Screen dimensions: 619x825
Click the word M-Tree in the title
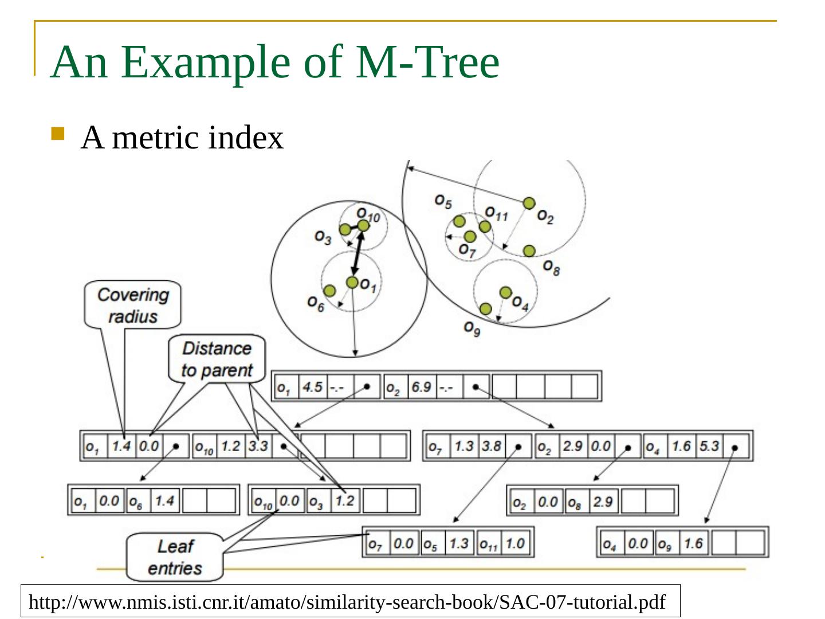tap(427, 61)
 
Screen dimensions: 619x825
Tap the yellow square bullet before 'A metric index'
tap(58, 134)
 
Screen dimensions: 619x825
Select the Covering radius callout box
tap(133, 305)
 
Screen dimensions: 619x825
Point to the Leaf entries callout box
tap(175, 557)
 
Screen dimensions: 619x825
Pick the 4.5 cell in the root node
tap(312, 387)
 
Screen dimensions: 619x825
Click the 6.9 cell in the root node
tap(421, 387)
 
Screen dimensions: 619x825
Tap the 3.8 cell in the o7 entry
tap(491, 446)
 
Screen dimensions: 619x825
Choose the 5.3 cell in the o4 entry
tap(709, 446)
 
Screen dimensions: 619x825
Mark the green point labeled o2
tap(529, 203)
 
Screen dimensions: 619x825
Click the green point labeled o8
tap(529, 251)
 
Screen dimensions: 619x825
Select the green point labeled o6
tap(329, 291)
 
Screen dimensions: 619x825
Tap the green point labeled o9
tap(486, 309)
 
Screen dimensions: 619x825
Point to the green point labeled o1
tap(352, 282)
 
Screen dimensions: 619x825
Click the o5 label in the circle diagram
tap(443, 201)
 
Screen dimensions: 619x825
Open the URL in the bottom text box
tap(347, 602)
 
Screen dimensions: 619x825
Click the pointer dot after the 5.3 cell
tap(735, 447)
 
